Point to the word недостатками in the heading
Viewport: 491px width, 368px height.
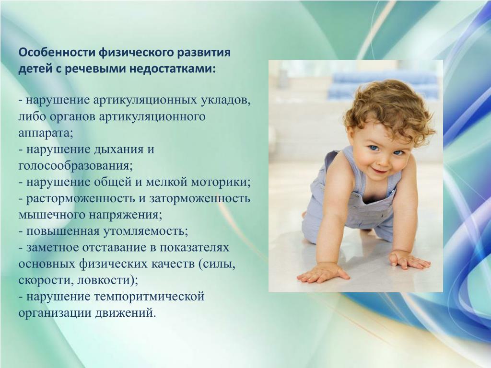(172, 69)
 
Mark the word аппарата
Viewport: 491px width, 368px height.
(46, 133)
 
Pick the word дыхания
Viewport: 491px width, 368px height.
(118, 149)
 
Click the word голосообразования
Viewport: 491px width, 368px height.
(76, 166)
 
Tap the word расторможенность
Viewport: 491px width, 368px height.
(82, 198)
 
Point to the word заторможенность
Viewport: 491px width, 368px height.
(199, 198)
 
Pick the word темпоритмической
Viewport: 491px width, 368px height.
(149, 296)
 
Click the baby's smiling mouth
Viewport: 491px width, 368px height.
(381, 172)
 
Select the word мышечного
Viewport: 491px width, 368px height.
(51, 215)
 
